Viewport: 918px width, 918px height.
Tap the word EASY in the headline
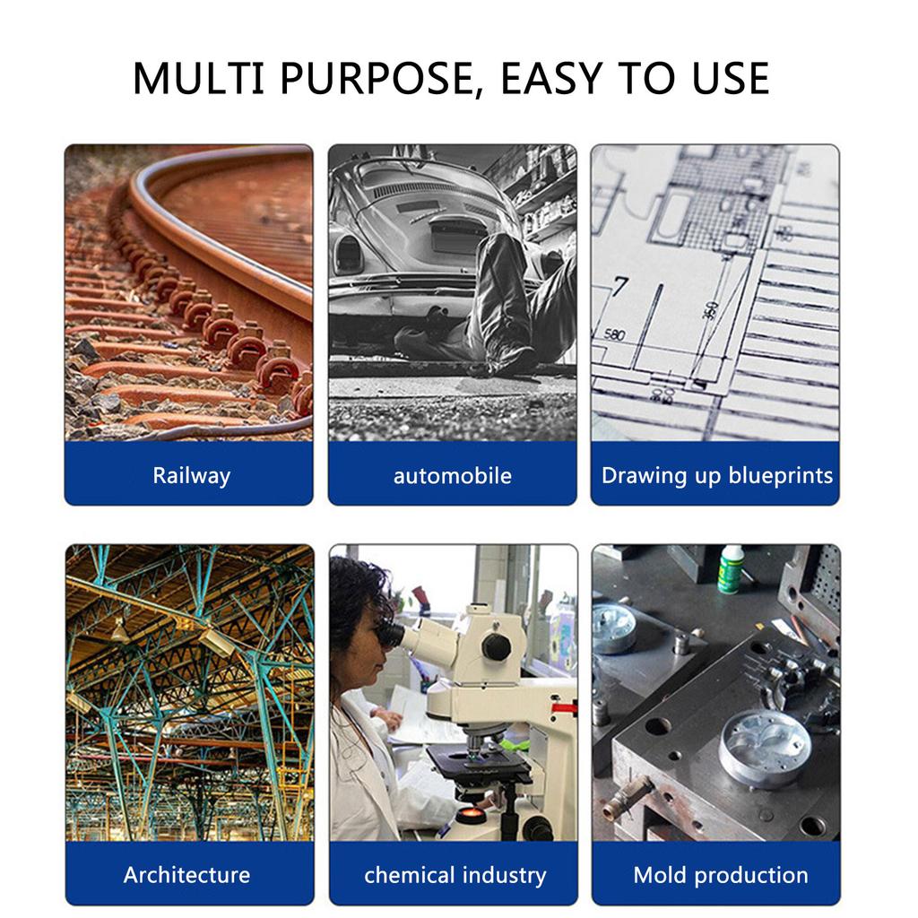point(552,78)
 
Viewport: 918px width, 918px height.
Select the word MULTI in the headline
point(198,78)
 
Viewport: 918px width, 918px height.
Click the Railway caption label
point(192,476)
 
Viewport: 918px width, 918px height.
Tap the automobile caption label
point(453,476)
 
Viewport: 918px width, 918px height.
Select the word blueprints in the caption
point(781,476)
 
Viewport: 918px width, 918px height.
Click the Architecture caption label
point(186,875)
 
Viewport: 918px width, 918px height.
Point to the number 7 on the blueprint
point(619,286)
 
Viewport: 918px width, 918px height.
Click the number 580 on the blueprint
point(614,335)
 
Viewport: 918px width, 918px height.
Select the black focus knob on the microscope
point(496,647)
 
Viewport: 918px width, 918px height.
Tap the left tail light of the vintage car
point(348,254)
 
